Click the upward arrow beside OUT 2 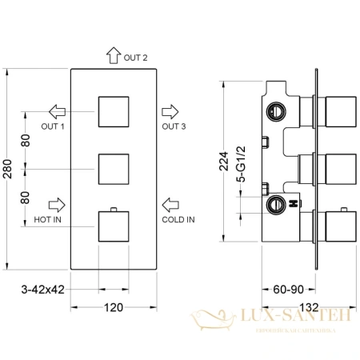point(111,55)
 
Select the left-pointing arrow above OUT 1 point(57,110)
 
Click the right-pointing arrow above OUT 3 point(170,110)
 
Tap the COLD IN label point(177,218)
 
